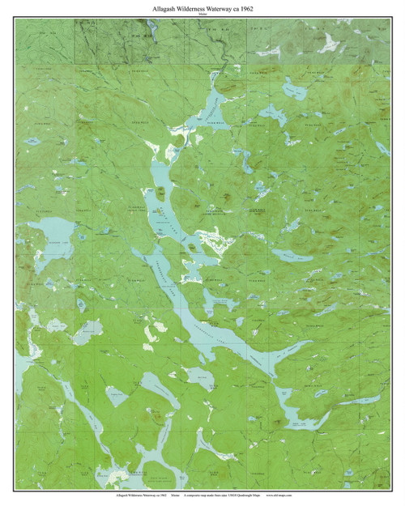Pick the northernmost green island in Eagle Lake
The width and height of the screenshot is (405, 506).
[x=162, y=192]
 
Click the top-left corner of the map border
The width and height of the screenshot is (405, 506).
[x=15, y=19]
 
